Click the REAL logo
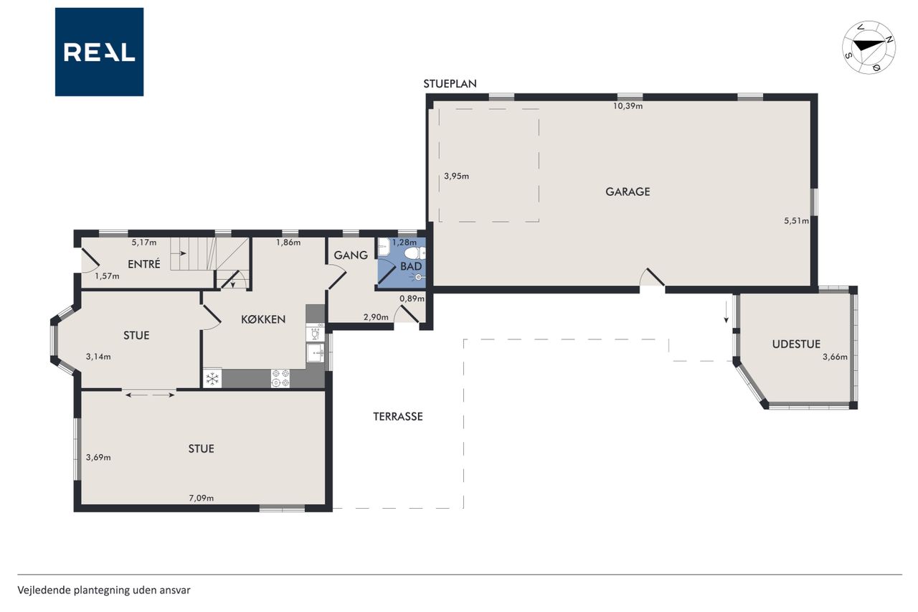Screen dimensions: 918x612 pyautogui.click(x=99, y=52)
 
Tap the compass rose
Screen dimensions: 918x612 pyautogui.click(x=869, y=47)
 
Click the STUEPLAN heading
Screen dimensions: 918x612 pyautogui.click(x=450, y=84)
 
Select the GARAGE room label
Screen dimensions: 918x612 pyautogui.click(x=628, y=192)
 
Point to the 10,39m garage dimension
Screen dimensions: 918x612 pyautogui.click(x=628, y=106)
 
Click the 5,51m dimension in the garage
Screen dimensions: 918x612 pyautogui.click(x=796, y=221)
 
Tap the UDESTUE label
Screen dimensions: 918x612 pyautogui.click(x=796, y=344)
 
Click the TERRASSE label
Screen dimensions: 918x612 pyautogui.click(x=397, y=416)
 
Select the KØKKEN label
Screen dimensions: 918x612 pyautogui.click(x=263, y=319)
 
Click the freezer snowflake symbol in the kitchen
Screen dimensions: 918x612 pyautogui.click(x=212, y=379)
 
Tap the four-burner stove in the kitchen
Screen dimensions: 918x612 pyautogui.click(x=280, y=378)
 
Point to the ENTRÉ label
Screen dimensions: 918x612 pyautogui.click(x=144, y=265)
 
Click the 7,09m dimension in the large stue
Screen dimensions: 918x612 pyautogui.click(x=202, y=499)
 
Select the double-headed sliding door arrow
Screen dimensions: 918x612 pyautogui.click(x=150, y=395)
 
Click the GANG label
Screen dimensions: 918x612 pyautogui.click(x=351, y=255)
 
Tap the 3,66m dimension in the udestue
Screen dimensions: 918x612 pyautogui.click(x=835, y=357)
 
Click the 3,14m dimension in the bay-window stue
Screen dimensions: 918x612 pyautogui.click(x=98, y=357)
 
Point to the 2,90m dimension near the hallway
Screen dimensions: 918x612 pyautogui.click(x=376, y=317)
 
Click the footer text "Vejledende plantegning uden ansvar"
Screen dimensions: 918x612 pyautogui.click(x=104, y=590)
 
